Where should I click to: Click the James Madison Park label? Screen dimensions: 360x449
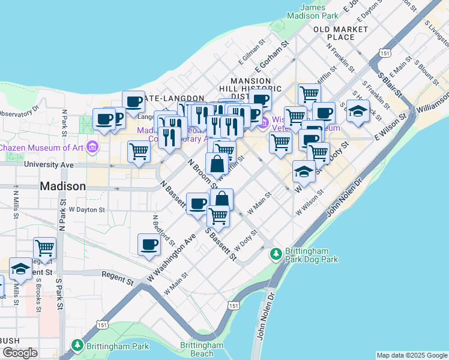[312, 11]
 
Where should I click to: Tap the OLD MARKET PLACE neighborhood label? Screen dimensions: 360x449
[340, 33]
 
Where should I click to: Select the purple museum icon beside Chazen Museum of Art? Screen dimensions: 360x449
[92, 147]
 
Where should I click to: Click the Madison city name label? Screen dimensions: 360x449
[63, 187]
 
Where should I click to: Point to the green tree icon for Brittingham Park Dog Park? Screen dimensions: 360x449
[276, 254]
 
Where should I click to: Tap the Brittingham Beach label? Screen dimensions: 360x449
[202, 349]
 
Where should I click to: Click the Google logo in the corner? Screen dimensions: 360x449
[20, 353]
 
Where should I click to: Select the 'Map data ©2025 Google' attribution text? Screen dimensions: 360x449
[412, 355]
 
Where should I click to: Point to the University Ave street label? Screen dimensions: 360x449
[49, 164]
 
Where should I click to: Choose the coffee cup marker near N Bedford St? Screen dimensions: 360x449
[149, 244]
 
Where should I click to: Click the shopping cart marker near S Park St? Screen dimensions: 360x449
[45, 247]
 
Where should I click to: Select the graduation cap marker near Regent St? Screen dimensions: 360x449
[20, 269]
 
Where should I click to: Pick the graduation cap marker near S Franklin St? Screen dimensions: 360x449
[358, 112]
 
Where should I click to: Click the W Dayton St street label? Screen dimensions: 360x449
[87, 210]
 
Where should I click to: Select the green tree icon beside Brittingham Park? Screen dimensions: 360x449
[77, 346]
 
